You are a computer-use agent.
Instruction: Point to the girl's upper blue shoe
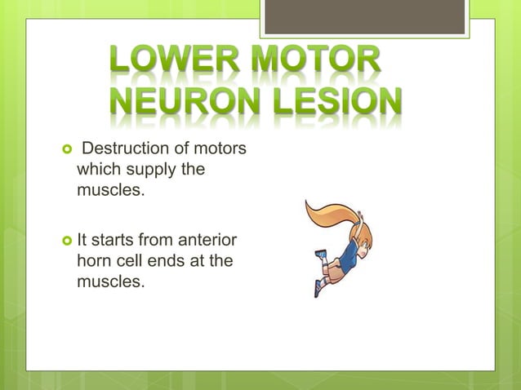[x=322, y=255]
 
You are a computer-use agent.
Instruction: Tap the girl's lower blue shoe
[x=318, y=290]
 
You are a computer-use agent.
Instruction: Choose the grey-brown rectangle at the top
[x=364, y=16]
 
